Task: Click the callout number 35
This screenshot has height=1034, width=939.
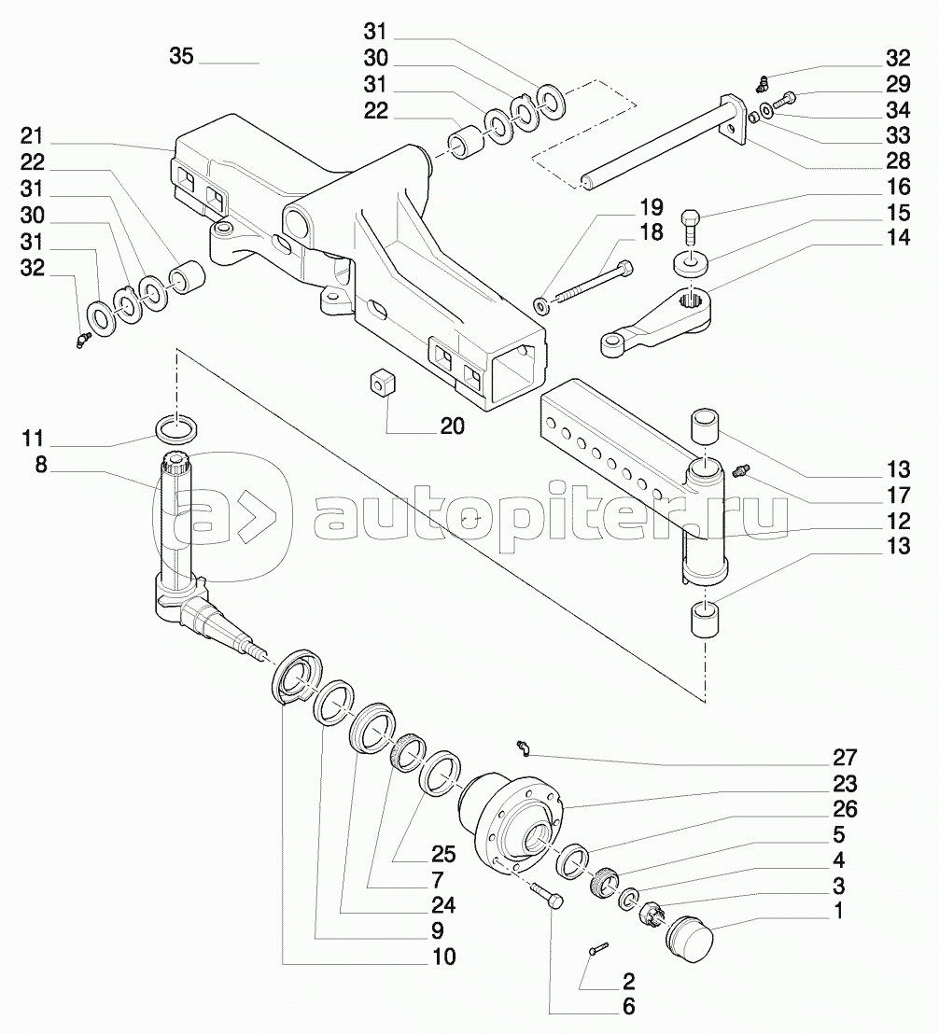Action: [x=181, y=56]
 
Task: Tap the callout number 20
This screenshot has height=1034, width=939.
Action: [x=453, y=426]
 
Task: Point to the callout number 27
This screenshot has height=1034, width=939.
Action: [x=846, y=758]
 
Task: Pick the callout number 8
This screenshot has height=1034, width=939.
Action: [x=41, y=464]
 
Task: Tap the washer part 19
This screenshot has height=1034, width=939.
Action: [x=542, y=305]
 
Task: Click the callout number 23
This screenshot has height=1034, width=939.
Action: [x=846, y=783]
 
